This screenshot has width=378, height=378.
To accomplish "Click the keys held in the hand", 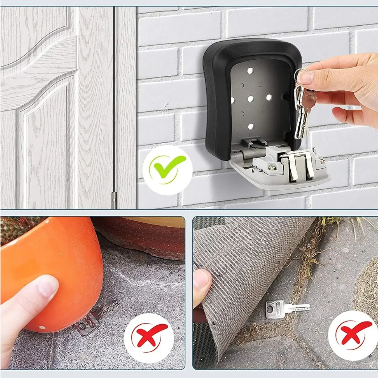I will pyautogui.click(x=302, y=110).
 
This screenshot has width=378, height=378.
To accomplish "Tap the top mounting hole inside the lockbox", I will pyautogui.click(x=250, y=71).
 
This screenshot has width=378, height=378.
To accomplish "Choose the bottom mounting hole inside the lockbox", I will pyautogui.click(x=250, y=126).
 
